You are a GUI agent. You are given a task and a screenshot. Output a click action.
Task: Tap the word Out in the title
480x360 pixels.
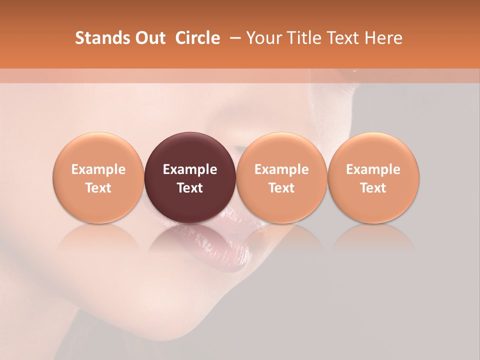click(x=149, y=38)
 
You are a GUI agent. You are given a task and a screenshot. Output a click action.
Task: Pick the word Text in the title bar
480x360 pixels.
click(x=342, y=38)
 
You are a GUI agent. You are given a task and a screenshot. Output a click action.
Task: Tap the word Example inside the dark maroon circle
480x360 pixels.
click(x=190, y=169)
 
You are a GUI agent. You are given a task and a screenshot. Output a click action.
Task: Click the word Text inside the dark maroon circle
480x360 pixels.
click(x=190, y=188)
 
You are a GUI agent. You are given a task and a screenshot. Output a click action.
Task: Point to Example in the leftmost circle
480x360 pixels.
click(x=98, y=169)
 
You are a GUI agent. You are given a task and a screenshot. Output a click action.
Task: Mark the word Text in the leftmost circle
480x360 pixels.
click(x=98, y=188)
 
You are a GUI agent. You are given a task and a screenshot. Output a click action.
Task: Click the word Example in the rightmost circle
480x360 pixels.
click(x=373, y=169)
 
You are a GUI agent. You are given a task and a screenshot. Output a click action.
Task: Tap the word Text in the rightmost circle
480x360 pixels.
click(x=373, y=188)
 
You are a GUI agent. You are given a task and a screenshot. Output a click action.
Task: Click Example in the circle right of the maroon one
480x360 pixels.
click(x=281, y=169)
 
